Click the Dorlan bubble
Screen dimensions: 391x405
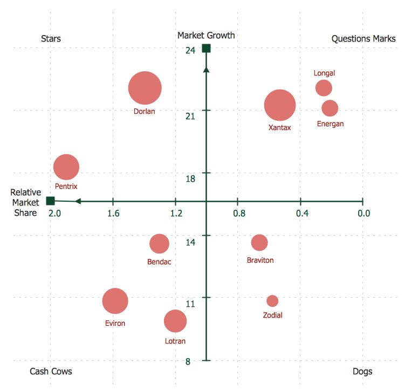click(x=145, y=88)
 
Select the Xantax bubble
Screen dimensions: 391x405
click(x=280, y=106)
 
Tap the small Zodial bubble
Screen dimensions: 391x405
click(x=272, y=301)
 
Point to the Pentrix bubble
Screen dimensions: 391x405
click(x=66, y=167)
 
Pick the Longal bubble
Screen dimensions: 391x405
click(x=324, y=88)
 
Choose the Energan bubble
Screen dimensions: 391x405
click(x=330, y=108)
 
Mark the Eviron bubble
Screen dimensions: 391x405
click(x=115, y=301)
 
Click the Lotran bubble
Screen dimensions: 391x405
click(x=175, y=321)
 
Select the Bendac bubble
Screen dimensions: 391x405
click(x=159, y=244)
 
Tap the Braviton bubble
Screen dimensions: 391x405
click(x=259, y=243)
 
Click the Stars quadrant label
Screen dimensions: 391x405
click(x=51, y=39)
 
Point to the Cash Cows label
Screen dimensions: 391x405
click(x=51, y=372)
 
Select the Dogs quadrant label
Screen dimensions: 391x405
click(x=362, y=372)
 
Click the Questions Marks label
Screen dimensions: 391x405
click(x=363, y=39)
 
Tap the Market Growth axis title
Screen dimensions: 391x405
click(x=206, y=36)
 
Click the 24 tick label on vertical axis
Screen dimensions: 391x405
click(x=190, y=51)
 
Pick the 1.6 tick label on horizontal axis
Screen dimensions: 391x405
click(x=113, y=214)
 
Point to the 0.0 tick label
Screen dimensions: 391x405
click(x=364, y=214)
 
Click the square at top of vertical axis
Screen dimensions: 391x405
click(x=206, y=49)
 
